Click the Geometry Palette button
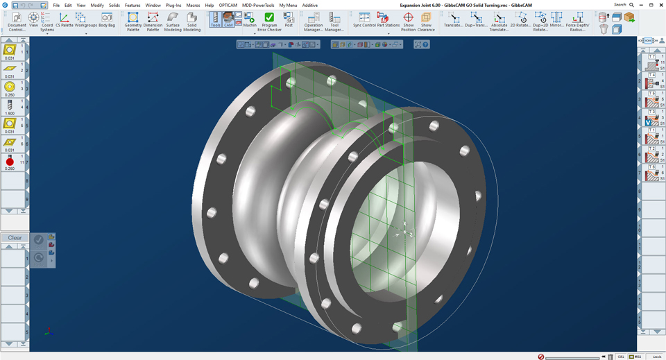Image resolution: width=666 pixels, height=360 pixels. tap(133, 21)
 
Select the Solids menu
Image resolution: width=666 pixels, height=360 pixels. tap(114, 5)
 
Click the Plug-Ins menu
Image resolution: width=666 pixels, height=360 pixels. tap(173, 5)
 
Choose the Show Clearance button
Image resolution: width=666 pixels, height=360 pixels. tap(426, 21)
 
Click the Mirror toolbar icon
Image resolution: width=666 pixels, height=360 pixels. tap(557, 21)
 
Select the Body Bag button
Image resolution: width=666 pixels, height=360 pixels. tap(107, 20)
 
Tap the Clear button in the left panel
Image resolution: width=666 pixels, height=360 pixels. tap(15, 238)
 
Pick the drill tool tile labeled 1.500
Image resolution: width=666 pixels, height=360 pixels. tap(10, 106)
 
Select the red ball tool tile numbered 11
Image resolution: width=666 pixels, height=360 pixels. tap(10, 162)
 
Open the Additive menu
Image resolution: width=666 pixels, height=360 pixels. tap(309, 5)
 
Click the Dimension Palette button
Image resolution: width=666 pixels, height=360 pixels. tap(153, 21)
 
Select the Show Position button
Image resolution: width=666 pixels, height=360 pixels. tap(408, 21)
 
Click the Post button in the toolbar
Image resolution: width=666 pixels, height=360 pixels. tap(289, 20)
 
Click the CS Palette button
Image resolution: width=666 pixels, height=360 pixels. tap(64, 20)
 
